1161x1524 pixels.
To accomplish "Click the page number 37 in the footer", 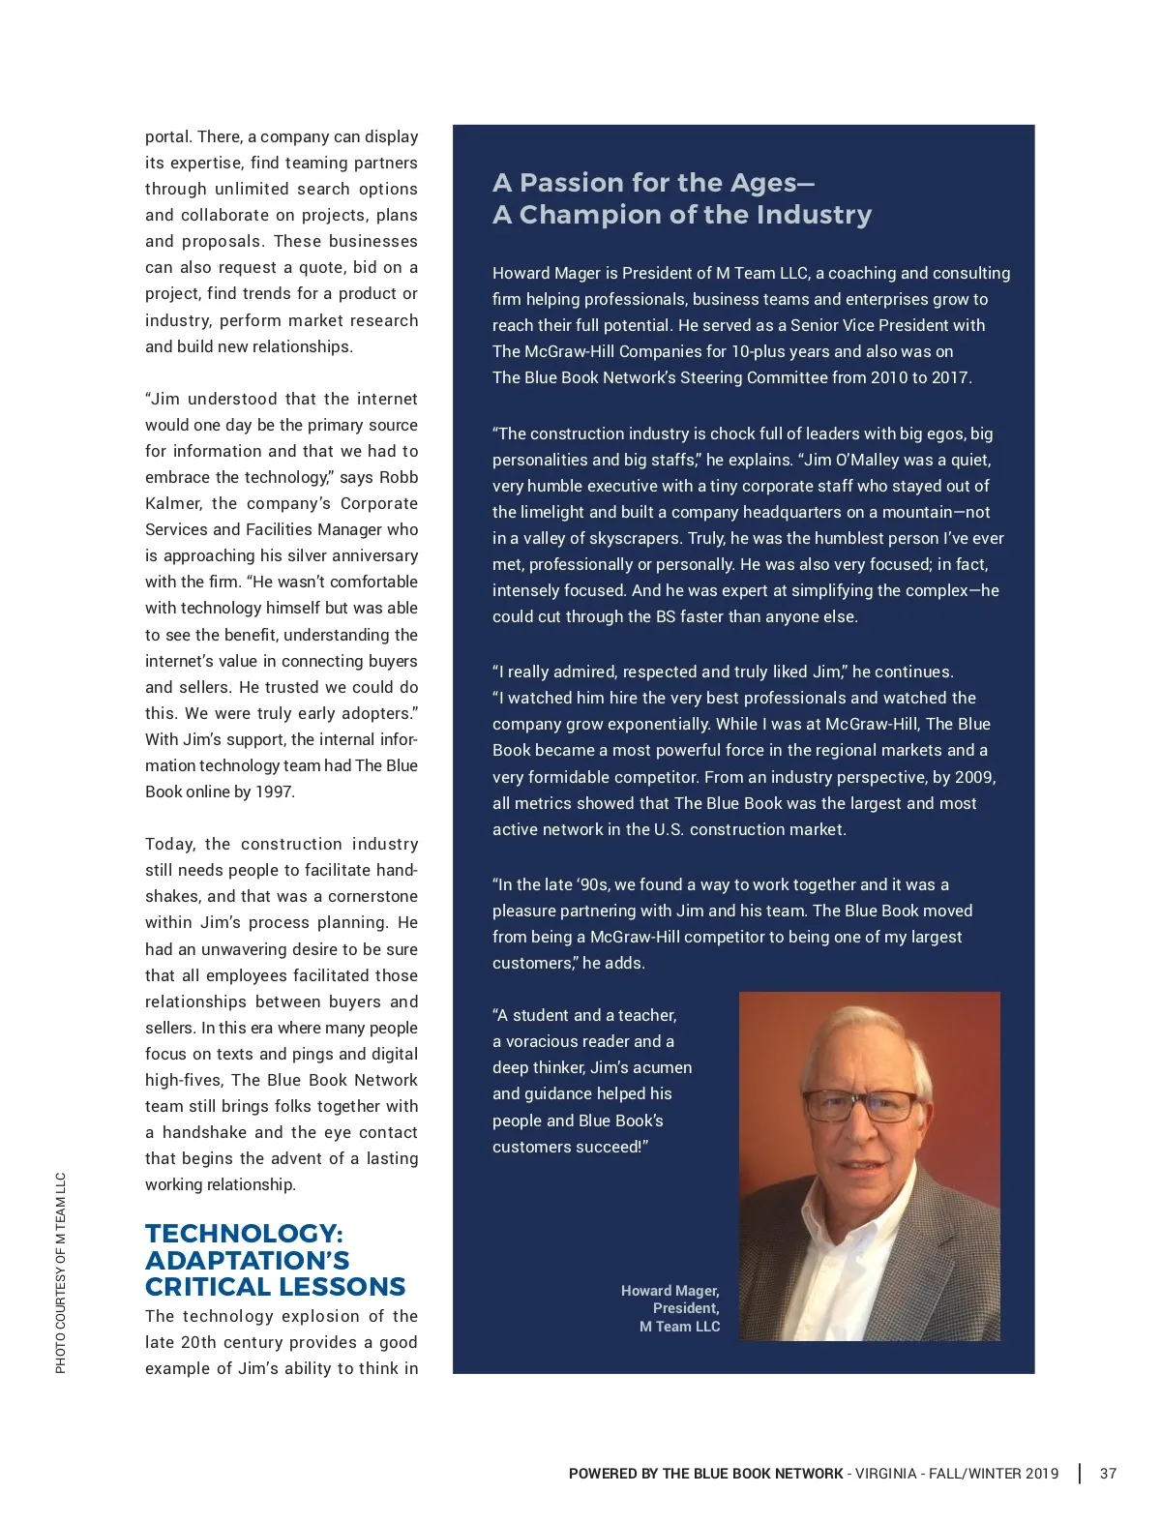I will click(x=1108, y=1474).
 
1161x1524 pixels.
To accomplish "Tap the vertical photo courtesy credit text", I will click(x=61, y=1272).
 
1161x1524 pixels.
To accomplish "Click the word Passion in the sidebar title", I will click(x=572, y=183).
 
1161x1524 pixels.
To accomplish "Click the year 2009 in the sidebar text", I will click(x=974, y=777).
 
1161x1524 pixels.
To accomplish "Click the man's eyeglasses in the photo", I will click(x=860, y=1105).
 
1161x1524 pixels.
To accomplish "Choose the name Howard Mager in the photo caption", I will click(x=670, y=1291).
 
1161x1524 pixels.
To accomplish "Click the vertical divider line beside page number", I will click(x=1080, y=1474).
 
